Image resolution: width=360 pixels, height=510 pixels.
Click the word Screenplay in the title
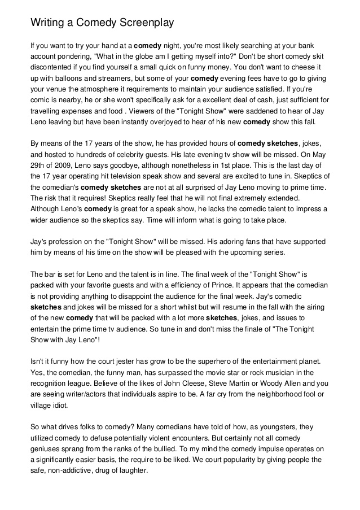point(143,23)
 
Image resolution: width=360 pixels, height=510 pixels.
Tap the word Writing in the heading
point(47,23)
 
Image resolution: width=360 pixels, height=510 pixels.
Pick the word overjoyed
point(172,122)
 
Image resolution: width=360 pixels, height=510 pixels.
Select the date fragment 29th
point(37,165)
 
